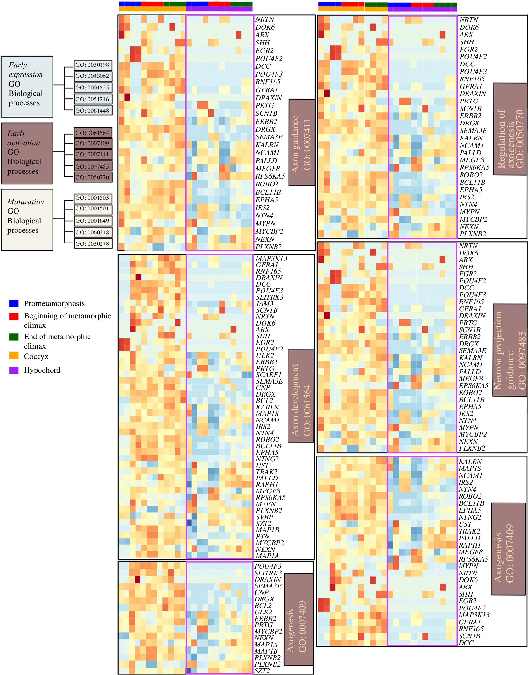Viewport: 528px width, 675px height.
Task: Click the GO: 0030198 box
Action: click(93, 65)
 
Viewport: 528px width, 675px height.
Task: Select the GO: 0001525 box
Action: click(93, 88)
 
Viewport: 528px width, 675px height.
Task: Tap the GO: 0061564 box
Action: click(93, 133)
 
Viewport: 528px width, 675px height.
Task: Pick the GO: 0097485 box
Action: click(93, 167)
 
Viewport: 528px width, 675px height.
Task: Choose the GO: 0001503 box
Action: click(93, 198)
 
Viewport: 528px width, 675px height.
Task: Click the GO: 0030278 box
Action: click(93, 244)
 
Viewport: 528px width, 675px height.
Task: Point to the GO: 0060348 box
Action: click(93, 232)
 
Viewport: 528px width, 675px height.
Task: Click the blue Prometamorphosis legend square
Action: click(14, 303)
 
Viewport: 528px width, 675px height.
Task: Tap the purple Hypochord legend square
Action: click(14, 370)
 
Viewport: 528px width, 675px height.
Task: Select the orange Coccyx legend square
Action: click(14, 356)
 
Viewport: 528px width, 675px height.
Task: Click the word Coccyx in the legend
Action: click(36, 357)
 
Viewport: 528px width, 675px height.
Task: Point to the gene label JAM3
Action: click(264, 304)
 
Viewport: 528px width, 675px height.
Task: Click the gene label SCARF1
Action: click(268, 375)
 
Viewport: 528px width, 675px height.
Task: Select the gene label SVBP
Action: click(264, 517)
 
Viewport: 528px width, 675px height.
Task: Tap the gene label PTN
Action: click(262, 537)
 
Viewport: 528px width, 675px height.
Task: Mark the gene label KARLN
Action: click(267, 407)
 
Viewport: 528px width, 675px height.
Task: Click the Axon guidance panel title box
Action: click(301, 142)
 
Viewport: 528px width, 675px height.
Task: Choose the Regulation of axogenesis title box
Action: click(510, 129)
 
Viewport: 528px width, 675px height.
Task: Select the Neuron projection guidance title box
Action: click(510, 350)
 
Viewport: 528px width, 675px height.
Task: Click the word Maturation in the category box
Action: click(26, 202)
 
